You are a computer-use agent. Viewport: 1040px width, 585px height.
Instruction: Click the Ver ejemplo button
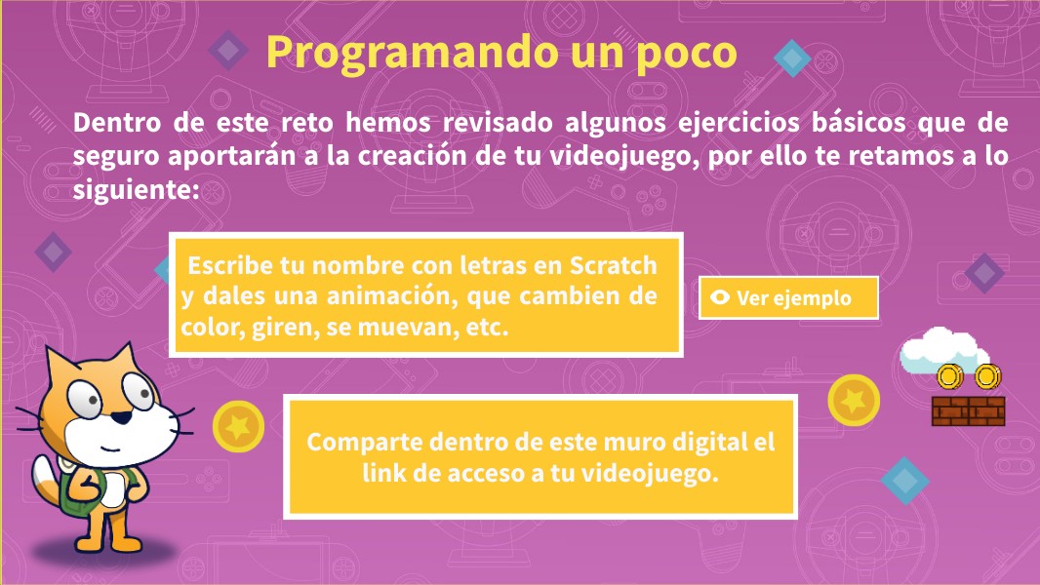[788, 298]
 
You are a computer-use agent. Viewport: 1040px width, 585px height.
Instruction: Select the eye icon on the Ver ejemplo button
[721, 298]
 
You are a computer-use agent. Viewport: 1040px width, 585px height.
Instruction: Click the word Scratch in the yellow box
[614, 266]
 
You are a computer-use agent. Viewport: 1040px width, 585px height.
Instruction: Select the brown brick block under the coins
[968, 411]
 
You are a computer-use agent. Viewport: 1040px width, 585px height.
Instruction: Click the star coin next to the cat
[237, 425]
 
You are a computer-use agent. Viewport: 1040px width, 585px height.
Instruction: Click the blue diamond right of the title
[792, 58]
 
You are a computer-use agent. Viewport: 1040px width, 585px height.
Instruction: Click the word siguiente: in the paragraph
[136, 189]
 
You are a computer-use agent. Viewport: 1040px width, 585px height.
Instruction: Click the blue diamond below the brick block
[904, 480]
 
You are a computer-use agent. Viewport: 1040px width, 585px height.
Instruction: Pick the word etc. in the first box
[487, 328]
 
